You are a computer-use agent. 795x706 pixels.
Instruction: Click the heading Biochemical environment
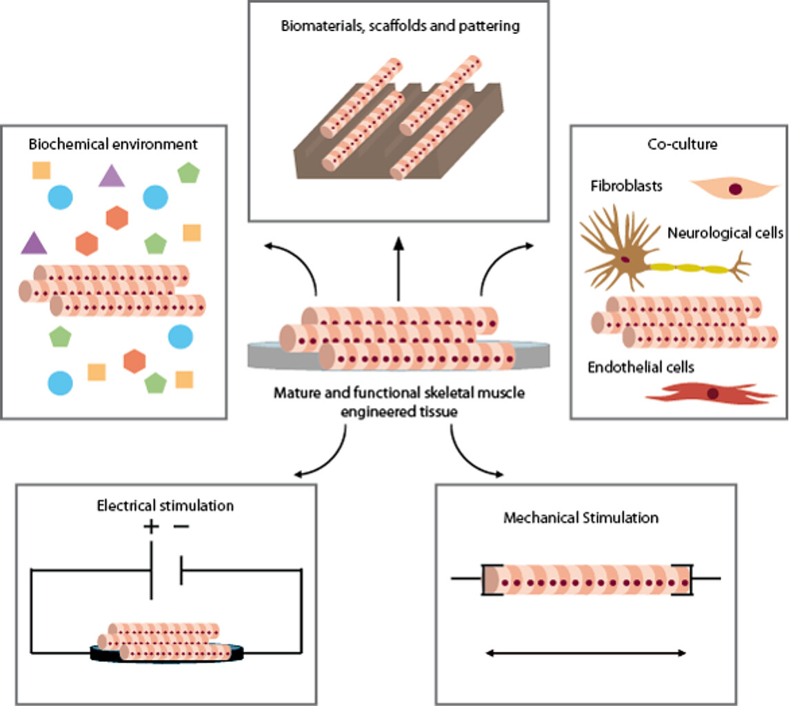(x=113, y=144)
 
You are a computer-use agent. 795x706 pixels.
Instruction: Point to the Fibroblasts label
(x=626, y=186)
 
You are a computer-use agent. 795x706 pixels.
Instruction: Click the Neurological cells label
(x=725, y=233)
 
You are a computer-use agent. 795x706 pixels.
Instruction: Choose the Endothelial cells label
(x=641, y=367)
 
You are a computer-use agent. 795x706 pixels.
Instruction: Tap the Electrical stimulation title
(x=165, y=505)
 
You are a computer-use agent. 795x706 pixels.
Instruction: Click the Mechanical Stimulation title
(x=581, y=517)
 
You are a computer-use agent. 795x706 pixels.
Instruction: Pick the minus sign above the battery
(x=180, y=527)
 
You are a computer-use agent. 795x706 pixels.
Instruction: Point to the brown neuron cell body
(x=624, y=260)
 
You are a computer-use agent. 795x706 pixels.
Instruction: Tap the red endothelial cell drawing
(x=710, y=393)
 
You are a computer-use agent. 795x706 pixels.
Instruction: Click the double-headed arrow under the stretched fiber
(x=586, y=653)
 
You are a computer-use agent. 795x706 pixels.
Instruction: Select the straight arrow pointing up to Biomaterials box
(x=399, y=269)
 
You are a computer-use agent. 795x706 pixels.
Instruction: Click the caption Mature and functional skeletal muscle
(x=399, y=394)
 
